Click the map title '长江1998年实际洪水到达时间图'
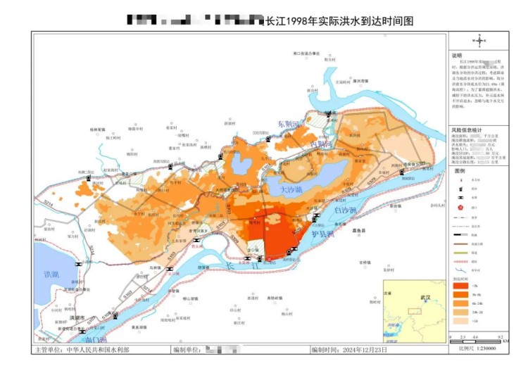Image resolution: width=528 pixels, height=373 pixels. (x=337, y=21)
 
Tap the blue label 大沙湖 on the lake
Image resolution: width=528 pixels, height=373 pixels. (x=290, y=190)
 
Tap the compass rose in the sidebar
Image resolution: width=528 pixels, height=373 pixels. (x=479, y=42)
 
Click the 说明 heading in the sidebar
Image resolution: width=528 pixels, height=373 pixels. (x=458, y=56)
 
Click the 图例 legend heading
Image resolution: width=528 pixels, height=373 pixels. (x=460, y=171)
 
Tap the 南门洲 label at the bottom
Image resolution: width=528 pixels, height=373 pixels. (x=84, y=340)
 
